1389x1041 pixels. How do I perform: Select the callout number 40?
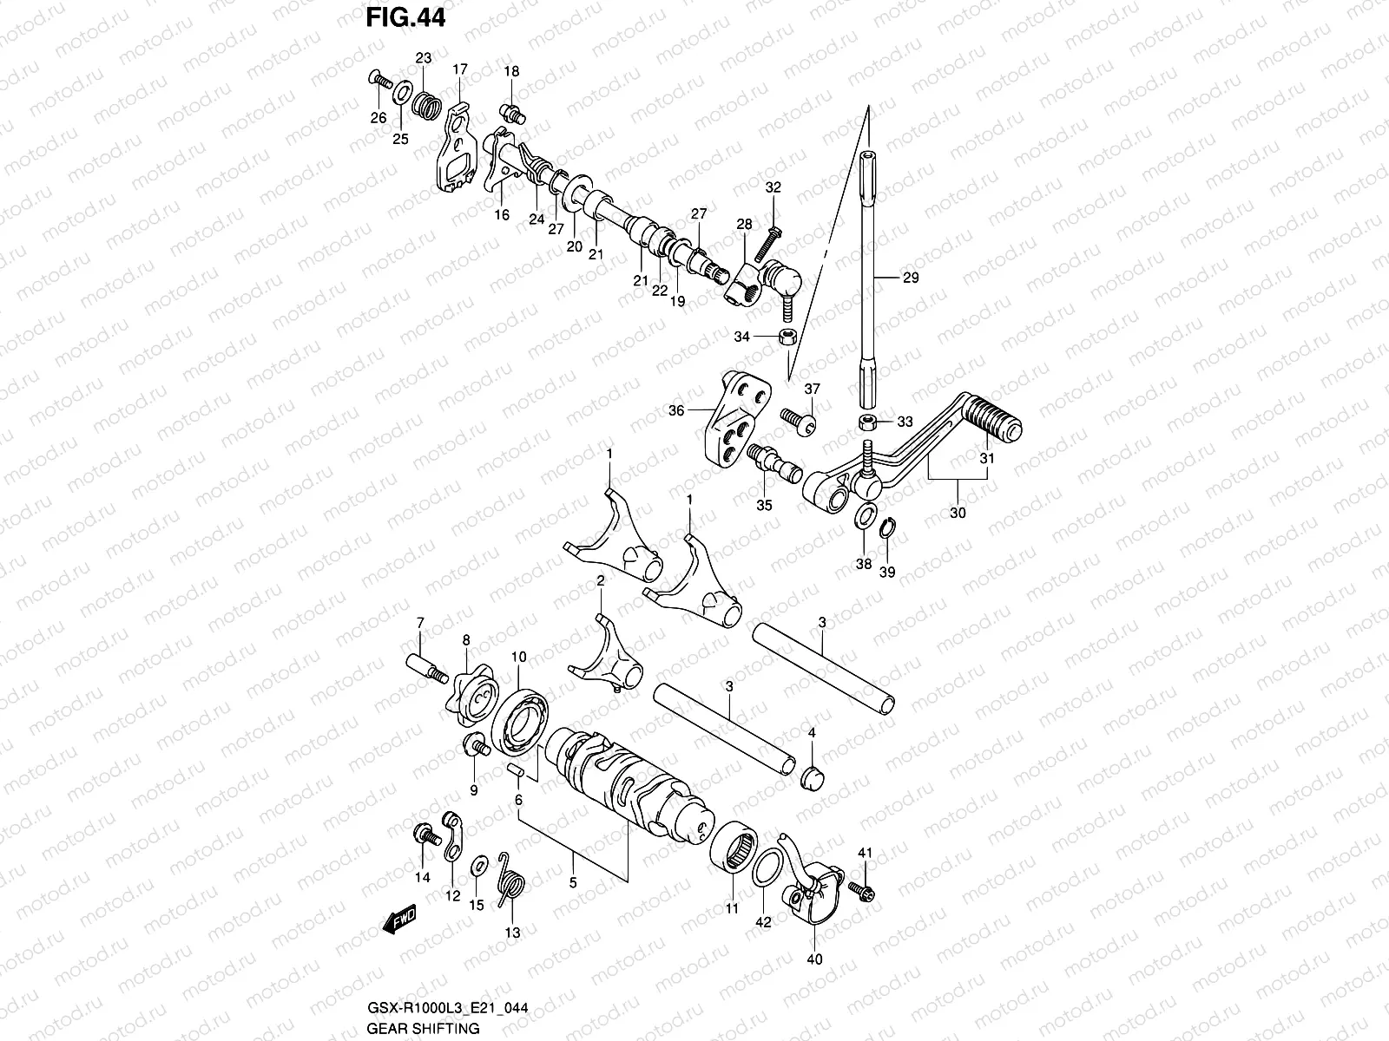815,959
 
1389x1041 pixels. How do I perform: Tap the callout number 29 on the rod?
910,278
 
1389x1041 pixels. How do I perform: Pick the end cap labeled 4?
813,775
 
